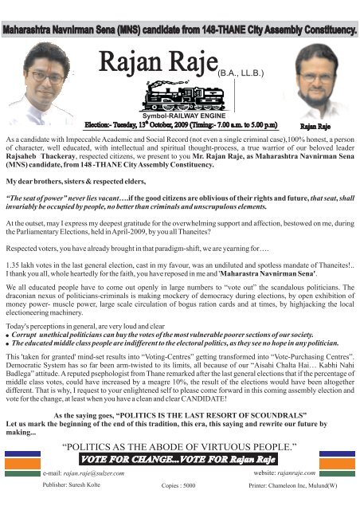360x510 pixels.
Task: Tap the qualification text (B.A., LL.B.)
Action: pos(242,71)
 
